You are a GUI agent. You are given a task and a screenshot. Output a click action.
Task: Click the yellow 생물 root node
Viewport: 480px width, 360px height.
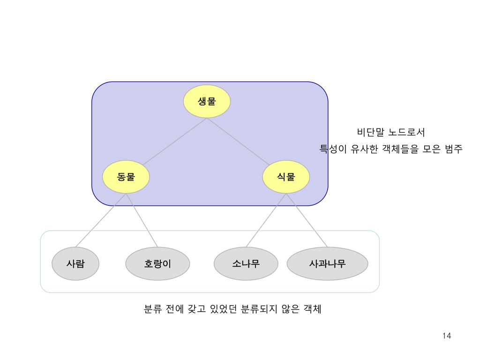tap(207, 101)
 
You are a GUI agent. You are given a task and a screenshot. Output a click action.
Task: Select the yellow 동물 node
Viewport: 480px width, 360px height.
tap(126, 177)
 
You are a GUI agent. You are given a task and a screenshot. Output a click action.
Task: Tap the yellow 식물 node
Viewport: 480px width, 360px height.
tap(286, 177)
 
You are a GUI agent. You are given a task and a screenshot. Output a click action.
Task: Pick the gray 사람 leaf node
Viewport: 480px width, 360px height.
tap(75, 264)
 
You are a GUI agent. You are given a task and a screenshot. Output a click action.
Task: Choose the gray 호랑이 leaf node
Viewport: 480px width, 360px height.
tap(157, 264)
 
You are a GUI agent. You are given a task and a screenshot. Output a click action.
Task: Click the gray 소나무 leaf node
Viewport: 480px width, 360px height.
tap(246, 264)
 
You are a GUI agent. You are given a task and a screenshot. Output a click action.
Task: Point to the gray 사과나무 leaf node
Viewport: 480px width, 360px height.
tap(327, 264)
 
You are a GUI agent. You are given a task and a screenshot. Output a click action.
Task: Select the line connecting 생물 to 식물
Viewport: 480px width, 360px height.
tap(239, 141)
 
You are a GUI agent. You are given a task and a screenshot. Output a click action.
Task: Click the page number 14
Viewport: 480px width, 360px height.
tap(446, 336)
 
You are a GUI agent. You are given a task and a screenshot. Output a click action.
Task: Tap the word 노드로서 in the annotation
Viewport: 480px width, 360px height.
tap(407, 133)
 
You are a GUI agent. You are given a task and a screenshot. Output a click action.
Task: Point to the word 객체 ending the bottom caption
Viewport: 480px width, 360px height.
tap(312, 309)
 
